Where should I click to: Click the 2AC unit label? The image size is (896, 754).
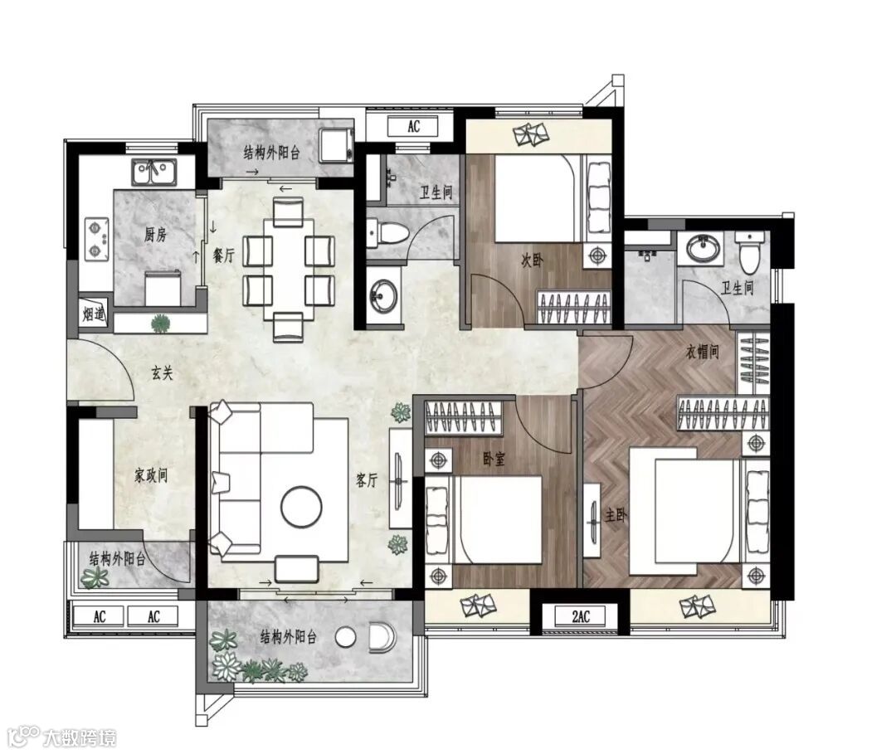coord(581,616)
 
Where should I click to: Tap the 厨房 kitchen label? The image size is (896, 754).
coord(155,234)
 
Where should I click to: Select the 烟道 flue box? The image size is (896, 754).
coord(93,313)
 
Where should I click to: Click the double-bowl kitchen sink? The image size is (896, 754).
coord(153,173)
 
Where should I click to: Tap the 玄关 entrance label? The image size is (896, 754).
coord(162,373)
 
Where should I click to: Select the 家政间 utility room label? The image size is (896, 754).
coord(151,475)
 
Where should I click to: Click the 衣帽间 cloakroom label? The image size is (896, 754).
coord(703,352)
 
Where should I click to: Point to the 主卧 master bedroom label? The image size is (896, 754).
coord(616,516)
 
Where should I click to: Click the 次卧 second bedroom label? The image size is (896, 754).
coord(532,260)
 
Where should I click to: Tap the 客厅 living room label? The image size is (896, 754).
coord(367,480)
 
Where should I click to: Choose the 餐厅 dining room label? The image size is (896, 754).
coord(223,255)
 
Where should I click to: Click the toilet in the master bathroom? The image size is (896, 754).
coord(749,252)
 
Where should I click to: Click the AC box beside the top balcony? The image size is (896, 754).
coord(413,126)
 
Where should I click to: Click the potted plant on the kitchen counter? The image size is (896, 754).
coord(161,323)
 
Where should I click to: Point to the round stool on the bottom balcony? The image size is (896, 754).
coord(345,637)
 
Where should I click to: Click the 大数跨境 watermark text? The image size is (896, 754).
coord(80,737)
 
